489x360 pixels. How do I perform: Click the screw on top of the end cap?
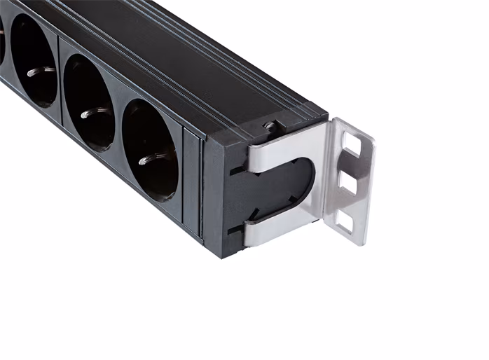(x=268, y=126)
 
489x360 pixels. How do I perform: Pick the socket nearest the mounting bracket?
(x=150, y=150)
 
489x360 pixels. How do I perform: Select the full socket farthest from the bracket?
(x=34, y=61)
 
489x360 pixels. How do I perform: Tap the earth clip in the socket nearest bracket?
(x=149, y=160)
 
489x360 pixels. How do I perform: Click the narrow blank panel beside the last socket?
(x=191, y=181)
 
